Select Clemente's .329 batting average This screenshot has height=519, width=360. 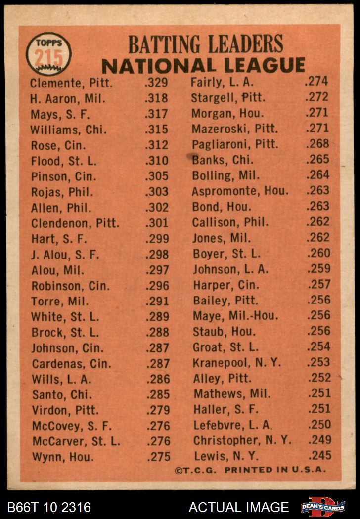pyautogui.click(x=156, y=83)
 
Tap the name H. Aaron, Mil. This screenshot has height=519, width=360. pyautogui.click(x=67, y=98)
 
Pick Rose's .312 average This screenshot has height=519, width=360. pyautogui.click(x=157, y=145)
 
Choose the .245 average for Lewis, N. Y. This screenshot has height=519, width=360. pyautogui.click(x=318, y=455)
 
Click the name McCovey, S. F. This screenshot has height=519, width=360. pyautogui.click(x=72, y=425)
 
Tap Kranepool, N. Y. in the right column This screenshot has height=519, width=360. pyautogui.click(x=237, y=362)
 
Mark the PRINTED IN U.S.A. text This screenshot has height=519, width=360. pyautogui.click(x=275, y=470)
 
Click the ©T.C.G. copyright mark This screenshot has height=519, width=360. pyautogui.click(x=196, y=470)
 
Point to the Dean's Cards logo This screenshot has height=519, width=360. pyautogui.click(x=322, y=507)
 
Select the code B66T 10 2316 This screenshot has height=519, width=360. pyautogui.click(x=49, y=507)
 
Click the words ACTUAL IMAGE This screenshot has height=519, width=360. pyautogui.click(x=238, y=507)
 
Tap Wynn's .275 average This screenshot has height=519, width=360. pyautogui.click(x=158, y=456)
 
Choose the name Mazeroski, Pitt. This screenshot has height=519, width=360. pyautogui.click(x=234, y=129)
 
